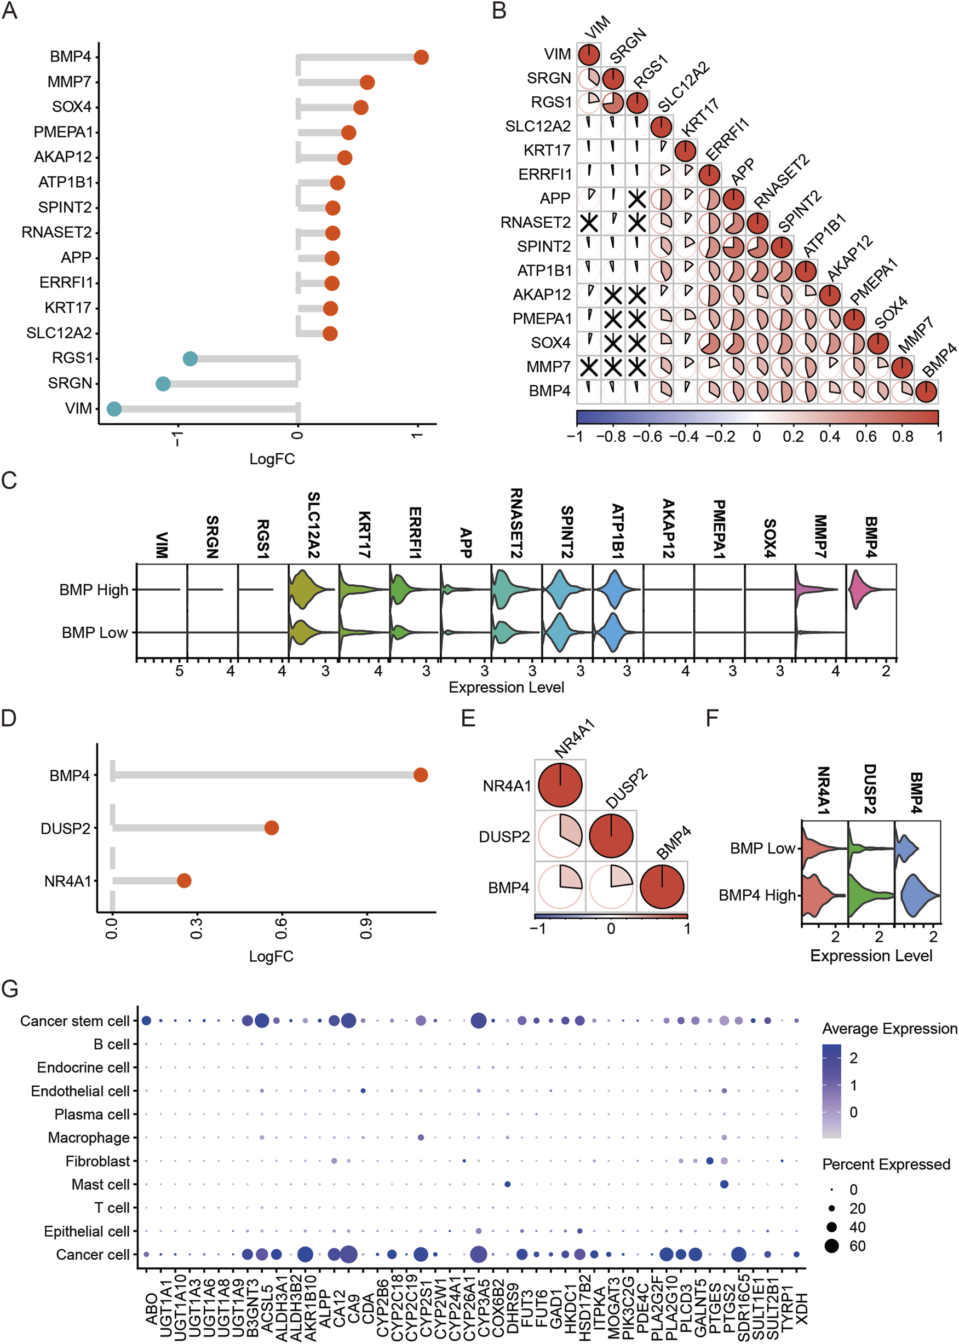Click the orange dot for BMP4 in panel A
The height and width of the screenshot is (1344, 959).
click(421, 57)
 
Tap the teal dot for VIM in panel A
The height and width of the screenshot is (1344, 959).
click(114, 408)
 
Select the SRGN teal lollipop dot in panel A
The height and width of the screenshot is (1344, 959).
click(163, 384)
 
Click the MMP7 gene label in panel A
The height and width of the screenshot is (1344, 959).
click(70, 82)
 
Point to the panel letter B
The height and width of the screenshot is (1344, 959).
click(499, 10)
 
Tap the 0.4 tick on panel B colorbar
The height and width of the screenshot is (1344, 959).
click(829, 436)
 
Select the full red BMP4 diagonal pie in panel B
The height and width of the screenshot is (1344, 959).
click(926, 391)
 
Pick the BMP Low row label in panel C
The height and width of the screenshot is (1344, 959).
click(95, 633)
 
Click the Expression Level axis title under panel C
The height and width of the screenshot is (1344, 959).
click(506, 687)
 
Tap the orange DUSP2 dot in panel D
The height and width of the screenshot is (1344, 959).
click(271, 828)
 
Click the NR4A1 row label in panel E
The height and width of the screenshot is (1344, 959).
click(507, 786)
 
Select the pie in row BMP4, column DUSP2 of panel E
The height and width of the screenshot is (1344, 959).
click(611, 887)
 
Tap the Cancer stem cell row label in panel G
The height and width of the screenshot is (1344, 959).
click(74, 1021)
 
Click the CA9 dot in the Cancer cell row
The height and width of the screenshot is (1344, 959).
click(348, 1254)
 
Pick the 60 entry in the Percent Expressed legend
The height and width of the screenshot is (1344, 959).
click(857, 1246)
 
